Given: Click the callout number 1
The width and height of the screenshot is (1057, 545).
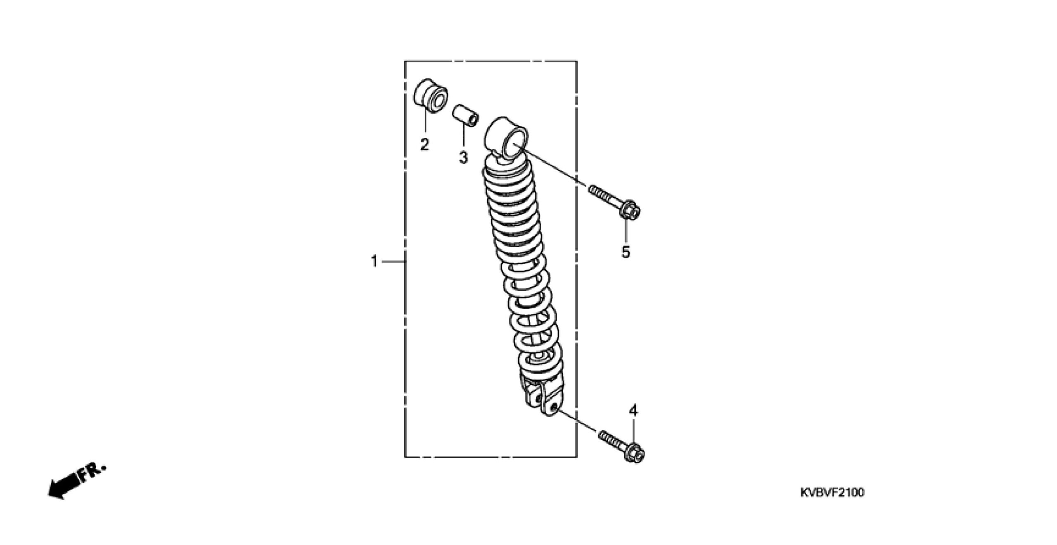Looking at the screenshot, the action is point(374,261).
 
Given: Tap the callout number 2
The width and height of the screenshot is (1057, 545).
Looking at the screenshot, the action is point(424,145).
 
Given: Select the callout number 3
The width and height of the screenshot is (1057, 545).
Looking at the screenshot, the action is point(463,157).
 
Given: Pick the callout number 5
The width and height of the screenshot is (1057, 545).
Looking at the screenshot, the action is point(626,251).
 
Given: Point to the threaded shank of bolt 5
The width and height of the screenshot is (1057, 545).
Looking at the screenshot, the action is point(605,197).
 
